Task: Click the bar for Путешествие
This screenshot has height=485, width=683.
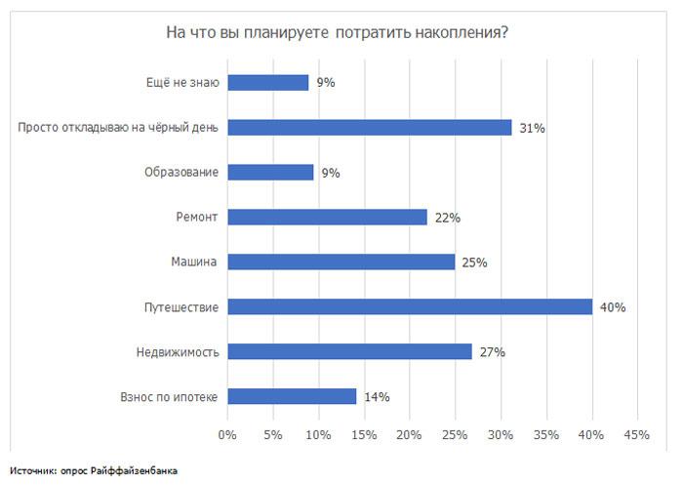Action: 410,306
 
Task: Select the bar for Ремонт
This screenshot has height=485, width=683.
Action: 328,217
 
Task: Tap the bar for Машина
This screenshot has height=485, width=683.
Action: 341,262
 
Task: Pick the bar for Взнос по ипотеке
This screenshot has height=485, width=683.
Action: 292,396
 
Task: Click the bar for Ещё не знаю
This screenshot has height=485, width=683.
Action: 268,83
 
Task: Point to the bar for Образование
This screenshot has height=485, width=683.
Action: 270,173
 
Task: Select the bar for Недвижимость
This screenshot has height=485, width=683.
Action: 350,351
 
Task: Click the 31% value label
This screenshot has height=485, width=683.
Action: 532,128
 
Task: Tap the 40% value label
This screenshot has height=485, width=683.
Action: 613,307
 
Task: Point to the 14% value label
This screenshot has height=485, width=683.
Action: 377,397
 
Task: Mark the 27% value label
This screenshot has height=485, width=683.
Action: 492,352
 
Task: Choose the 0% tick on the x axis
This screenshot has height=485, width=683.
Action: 227,434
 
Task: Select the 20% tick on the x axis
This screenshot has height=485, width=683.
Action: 410,434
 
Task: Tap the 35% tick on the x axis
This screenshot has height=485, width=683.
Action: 545,434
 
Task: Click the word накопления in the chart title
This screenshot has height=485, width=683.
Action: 459,32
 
